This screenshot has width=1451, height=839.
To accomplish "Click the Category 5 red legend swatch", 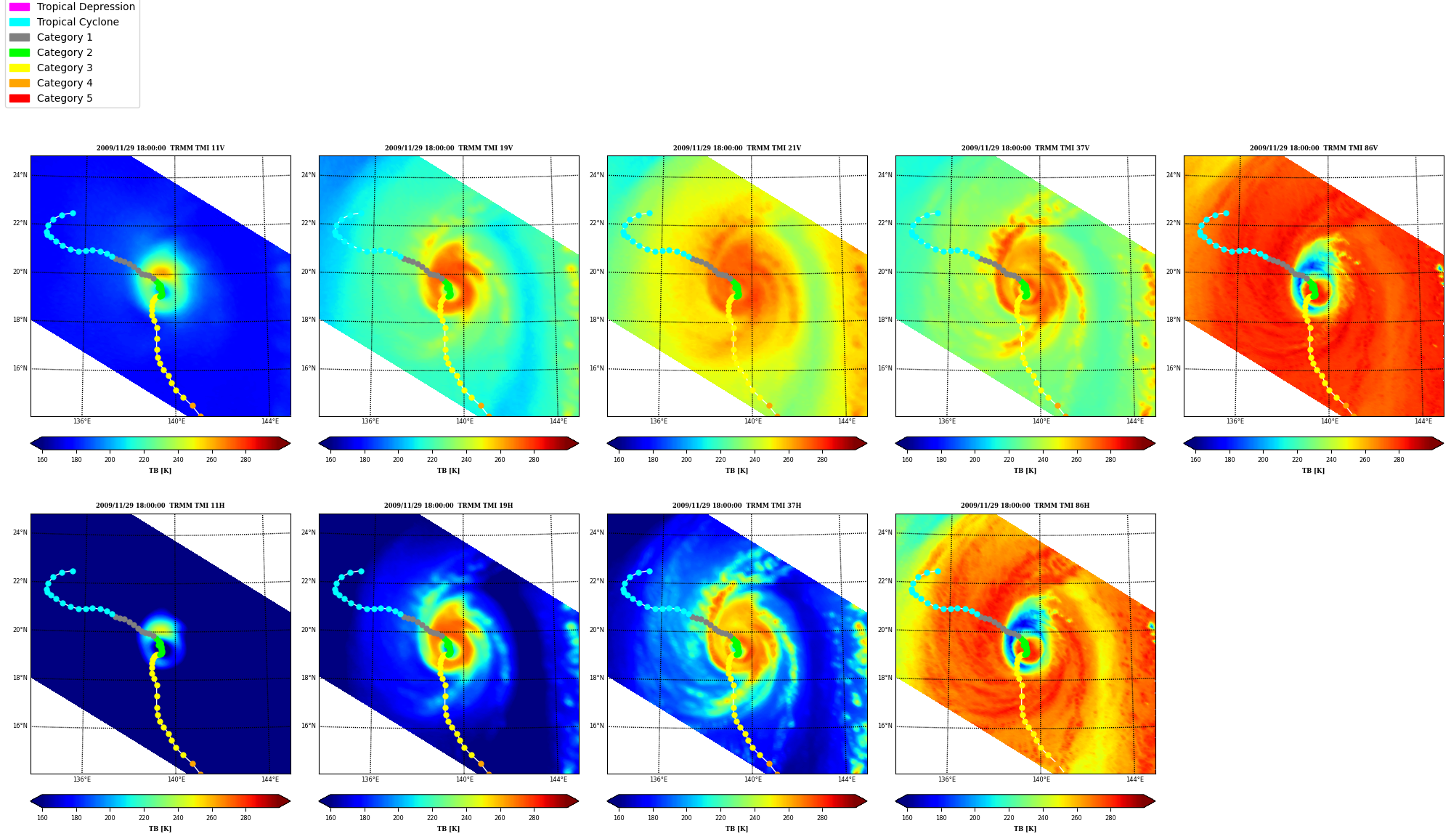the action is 20,98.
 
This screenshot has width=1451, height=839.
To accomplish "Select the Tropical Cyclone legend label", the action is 78,22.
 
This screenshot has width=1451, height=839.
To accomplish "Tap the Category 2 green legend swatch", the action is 20,52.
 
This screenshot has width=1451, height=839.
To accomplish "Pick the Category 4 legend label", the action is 65,83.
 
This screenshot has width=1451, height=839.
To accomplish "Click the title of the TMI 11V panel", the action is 160,148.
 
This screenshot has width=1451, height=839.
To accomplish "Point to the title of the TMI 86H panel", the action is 1025,506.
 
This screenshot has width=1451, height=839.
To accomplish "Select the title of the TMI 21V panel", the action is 737,148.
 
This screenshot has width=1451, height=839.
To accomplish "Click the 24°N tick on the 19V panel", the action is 309,175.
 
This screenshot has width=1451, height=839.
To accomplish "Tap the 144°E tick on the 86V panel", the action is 1423,421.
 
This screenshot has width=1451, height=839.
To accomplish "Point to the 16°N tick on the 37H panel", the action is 597,726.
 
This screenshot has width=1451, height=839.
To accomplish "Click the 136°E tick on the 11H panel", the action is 82,779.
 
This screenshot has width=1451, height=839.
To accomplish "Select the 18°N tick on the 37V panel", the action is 885,320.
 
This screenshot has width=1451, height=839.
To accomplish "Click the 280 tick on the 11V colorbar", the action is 245,459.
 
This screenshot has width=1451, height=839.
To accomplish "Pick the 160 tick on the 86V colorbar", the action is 1195,459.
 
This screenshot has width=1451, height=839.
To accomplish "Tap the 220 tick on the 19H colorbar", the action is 432,818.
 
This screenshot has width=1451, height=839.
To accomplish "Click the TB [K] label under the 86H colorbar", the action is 1025,829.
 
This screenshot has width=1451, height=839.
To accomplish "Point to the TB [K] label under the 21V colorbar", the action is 737,471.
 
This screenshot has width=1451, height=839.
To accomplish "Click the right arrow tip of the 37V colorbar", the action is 1155,443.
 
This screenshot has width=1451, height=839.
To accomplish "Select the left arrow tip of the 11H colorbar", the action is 31,801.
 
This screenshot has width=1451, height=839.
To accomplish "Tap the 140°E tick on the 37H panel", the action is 753,779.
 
